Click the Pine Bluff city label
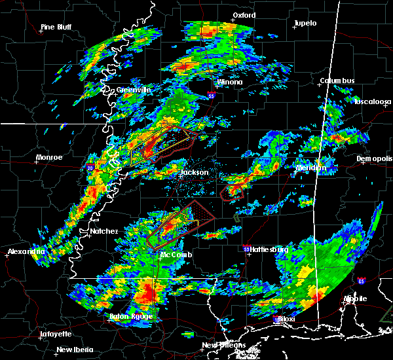(56, 27)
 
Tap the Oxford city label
(243, 15)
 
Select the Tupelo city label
(305, 23)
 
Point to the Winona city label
(230, 82)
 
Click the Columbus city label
(337, 81)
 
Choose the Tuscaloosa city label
(372, 102)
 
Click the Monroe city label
(50, 157)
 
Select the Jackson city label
(195, 173)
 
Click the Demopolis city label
(373, 159)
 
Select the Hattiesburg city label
(269, 250)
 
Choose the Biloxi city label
(286, 319)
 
